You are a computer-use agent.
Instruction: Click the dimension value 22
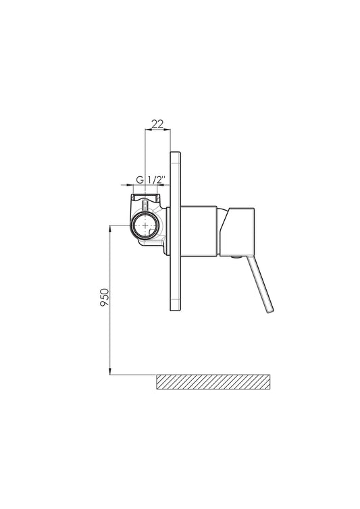click(157, 124)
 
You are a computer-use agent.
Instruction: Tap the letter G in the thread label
click(140, 180)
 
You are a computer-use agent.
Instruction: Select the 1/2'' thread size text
click(157, 180)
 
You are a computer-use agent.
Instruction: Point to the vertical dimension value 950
click(105, 298)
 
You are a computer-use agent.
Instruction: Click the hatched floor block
click(213, 382)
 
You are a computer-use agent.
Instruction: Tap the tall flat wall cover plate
click(176, 231)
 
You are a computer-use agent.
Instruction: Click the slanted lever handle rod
click(260, 285)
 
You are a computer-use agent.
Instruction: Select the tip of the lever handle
click(270, 312)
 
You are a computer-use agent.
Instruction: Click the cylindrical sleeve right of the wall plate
click(199, 232)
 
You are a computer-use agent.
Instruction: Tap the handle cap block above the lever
click(237, 231)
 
